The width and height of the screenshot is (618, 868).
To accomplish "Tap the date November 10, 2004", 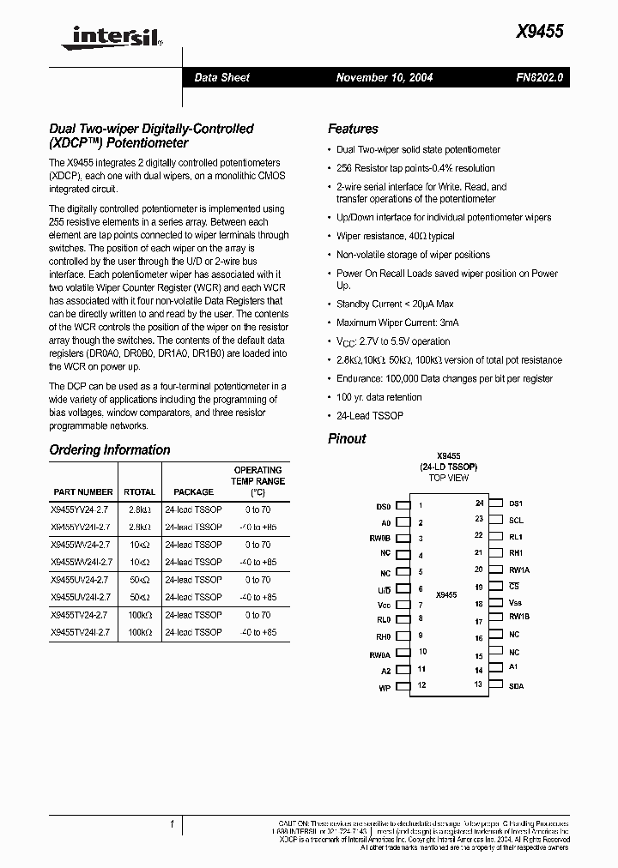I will point(384,77).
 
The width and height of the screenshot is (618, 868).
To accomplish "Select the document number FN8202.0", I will point(540,77).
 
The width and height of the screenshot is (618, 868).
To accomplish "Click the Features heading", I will point(353,129).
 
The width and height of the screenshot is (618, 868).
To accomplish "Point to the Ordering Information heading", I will point(110,449).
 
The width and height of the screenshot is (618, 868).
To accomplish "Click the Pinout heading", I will point(347,438).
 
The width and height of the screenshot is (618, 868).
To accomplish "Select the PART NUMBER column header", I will point(82,492).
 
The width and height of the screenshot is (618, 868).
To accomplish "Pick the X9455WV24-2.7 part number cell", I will point(81,545).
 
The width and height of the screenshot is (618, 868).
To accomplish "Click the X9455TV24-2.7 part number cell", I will point(81,615).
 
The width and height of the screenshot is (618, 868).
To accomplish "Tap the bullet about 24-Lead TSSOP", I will point(370,416).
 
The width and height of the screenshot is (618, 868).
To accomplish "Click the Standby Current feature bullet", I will point(395,304).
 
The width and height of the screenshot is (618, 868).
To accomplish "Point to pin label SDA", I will point(516,686).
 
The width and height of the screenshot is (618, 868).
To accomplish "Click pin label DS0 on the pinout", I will point(383,506).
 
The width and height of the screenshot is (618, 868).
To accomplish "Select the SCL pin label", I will point(516,520).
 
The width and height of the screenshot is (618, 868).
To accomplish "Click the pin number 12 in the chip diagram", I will point(421,685).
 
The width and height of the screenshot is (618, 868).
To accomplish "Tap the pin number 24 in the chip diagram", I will point(479,503).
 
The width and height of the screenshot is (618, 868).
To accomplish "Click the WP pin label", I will point(385,688).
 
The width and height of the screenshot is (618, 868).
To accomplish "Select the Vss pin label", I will point(515,603).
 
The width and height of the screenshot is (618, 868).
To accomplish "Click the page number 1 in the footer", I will point(173,824).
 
